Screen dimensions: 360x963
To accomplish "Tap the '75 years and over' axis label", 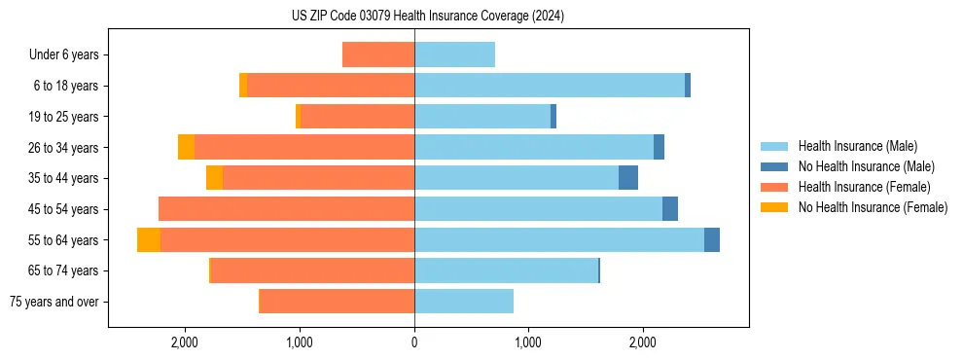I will [53, 302].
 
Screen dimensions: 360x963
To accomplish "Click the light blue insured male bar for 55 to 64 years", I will [559, 240].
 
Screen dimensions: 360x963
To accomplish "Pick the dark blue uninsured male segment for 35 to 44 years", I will [628, 178].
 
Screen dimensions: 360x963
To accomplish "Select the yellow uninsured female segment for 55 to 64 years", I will [149, 240].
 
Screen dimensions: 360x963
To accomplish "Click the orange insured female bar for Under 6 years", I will [378, 55].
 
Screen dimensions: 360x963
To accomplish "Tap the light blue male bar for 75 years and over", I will [464, 302].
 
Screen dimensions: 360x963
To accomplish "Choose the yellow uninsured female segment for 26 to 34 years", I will [186, 147].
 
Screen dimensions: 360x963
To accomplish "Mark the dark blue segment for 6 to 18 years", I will [688, 86].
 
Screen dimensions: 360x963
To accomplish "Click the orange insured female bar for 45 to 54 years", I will [286, 209].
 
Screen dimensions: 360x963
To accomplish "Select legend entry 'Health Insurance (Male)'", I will [857, 146].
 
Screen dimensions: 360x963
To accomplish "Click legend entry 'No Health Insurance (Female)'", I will [873, 207].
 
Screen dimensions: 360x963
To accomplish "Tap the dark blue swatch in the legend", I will [774, 166].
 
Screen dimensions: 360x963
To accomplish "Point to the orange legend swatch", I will [774, 187].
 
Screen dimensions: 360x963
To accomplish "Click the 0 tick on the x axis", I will [414, 342].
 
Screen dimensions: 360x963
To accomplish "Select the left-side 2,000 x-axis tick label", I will [185, 342].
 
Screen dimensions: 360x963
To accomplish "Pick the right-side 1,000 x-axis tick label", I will [528, 342].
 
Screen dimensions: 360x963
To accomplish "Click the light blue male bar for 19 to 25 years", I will [482, 117].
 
